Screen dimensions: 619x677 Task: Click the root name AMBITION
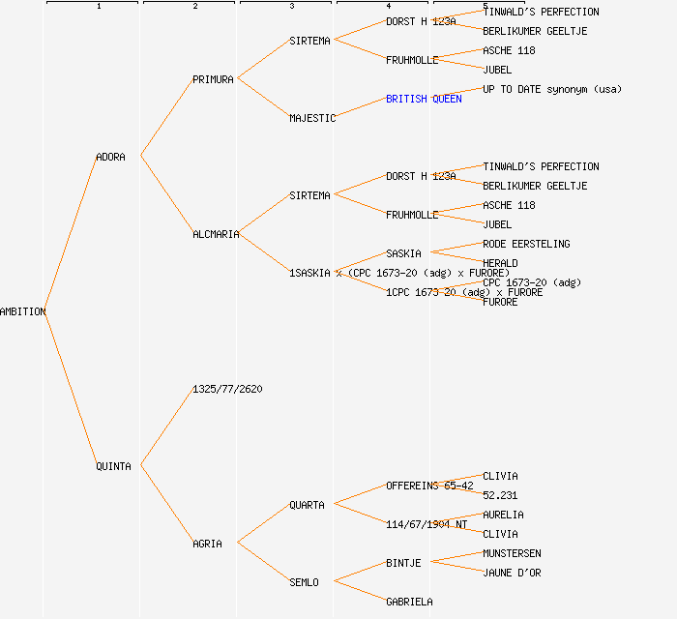tap(23, 311)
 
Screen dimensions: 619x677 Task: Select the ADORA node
tap(110, 157)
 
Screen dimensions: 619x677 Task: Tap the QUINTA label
tap(113, 466)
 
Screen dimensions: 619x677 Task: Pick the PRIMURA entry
tap(213, 79)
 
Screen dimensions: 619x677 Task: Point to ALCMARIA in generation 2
tap(216, 234)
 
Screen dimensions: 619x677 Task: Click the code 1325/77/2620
tap(227, 389)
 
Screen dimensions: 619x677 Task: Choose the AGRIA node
tap(207, 544)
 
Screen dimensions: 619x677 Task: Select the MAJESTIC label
tap(312, 118)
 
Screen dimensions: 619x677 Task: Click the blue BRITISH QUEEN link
tap(424, 99)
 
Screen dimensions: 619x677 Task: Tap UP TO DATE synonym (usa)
tap(552, 89)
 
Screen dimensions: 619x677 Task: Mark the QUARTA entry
tap(307, 505)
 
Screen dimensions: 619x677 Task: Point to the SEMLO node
tap(304, 582)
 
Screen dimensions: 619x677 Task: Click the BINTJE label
tap(403, 563)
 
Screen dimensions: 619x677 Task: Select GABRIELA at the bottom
tap(409, 602)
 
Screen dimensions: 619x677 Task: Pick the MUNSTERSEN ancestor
tap(512, 553)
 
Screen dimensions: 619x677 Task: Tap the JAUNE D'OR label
tap(512, 573)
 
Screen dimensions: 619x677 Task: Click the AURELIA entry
tap(503, 515)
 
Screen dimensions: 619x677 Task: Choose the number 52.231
tap(500, 495)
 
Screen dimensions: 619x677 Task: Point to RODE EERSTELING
tap(526, 244)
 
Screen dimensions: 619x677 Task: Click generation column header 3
tap(291, 7)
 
